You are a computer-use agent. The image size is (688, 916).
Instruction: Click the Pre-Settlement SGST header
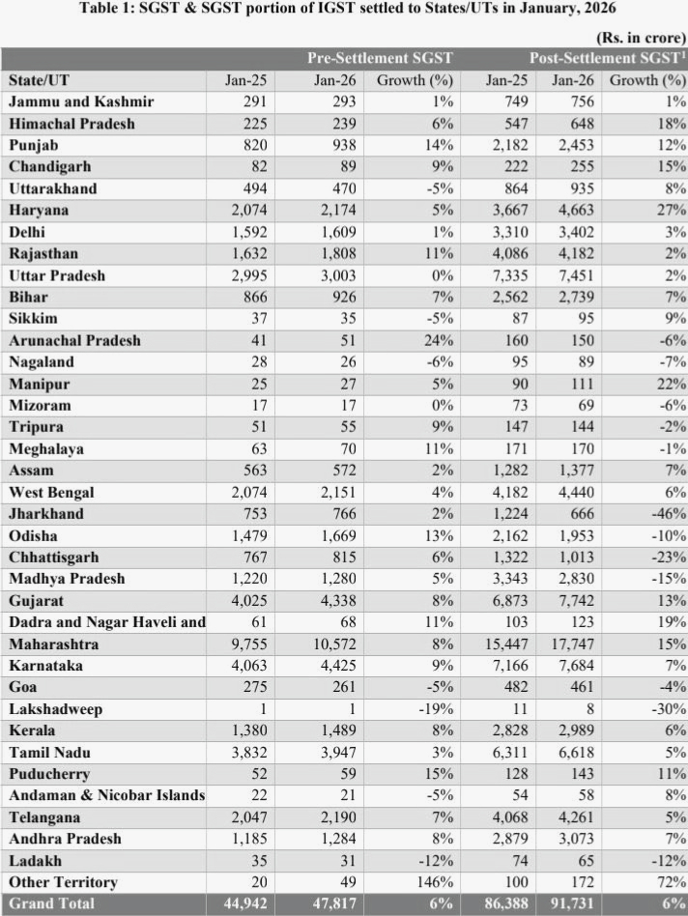[379, 58]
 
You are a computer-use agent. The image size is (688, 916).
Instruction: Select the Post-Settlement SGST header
[607, 58]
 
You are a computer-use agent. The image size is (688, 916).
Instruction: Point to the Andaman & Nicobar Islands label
[106, 795]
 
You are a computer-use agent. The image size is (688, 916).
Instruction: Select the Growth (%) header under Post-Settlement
[645, 79]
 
